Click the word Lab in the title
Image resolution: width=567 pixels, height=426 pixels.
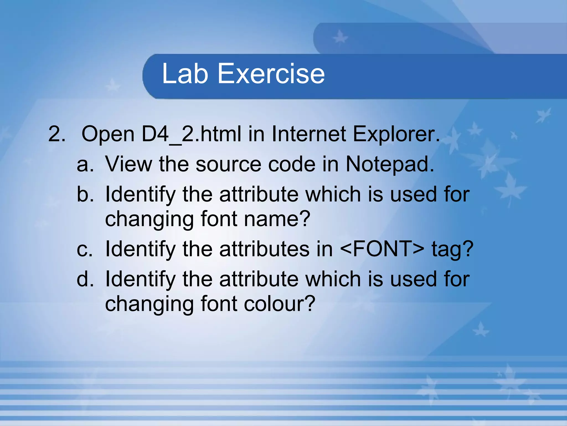185,73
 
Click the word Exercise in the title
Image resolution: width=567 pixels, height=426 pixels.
271,73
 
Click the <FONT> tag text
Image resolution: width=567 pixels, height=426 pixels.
382,249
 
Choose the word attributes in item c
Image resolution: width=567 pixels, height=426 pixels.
264,249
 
